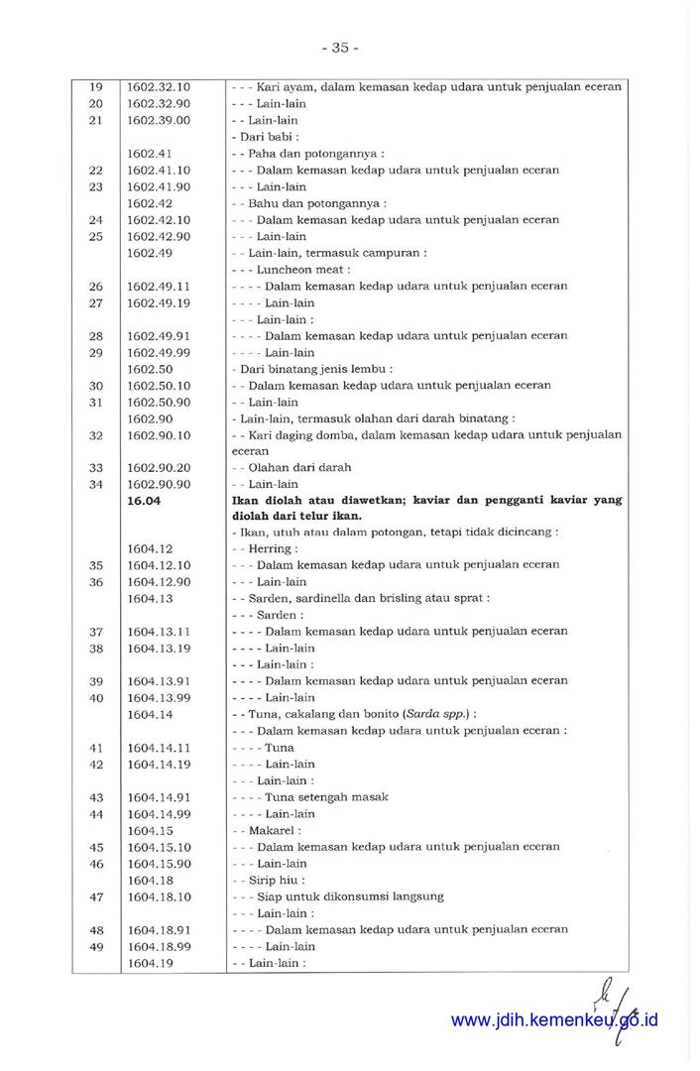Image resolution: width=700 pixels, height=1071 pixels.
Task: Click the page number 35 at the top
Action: pyautogui.click(x=340, y=48)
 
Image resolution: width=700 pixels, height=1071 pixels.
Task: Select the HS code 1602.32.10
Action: pyautogui.click(x=159, y=87)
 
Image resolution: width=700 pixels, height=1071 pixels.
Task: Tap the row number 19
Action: pyautogui.click(x=96, y=87)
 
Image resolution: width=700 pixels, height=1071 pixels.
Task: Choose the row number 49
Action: pyautogui.click(x=96, y=947)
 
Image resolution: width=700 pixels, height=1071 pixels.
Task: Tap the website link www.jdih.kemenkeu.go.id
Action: pyautogui.click(x=554, y=1020)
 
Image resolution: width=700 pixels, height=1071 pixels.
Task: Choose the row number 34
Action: pyautogui.click(x=96, y=485)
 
